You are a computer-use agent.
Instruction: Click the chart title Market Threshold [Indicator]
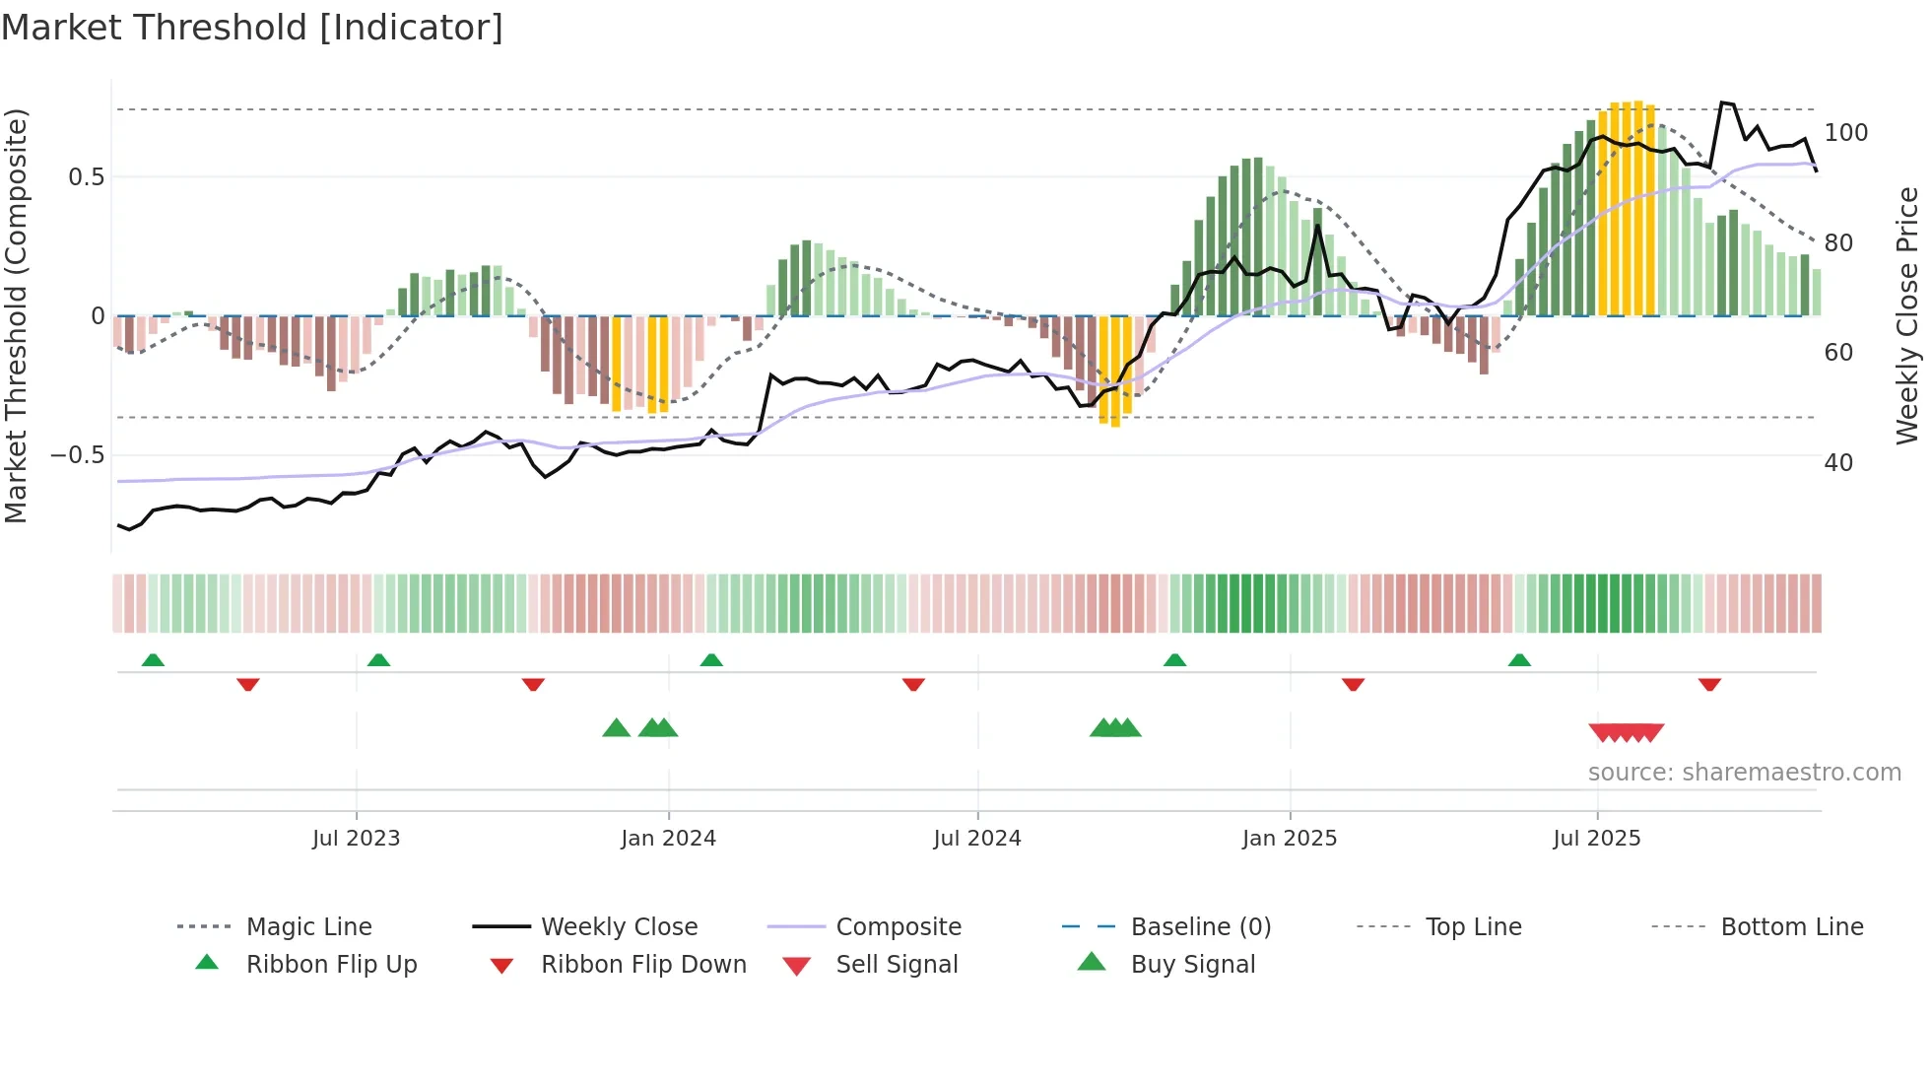point(252,28)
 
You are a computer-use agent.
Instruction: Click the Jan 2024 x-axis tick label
point(668,838)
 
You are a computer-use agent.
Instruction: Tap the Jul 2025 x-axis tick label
point(1597,838)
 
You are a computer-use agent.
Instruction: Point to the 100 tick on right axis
point(1845,132)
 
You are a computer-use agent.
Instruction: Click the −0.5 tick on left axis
point(78,454)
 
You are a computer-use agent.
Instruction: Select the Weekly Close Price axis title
point(1907,315)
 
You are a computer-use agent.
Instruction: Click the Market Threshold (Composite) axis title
point(16,315)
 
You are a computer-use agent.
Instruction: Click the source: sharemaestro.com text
point(1744,772)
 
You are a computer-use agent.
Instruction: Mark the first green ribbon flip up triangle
point(153,660)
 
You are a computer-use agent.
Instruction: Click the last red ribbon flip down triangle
point(1709,684)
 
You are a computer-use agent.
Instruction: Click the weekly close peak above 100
point(1722,102)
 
